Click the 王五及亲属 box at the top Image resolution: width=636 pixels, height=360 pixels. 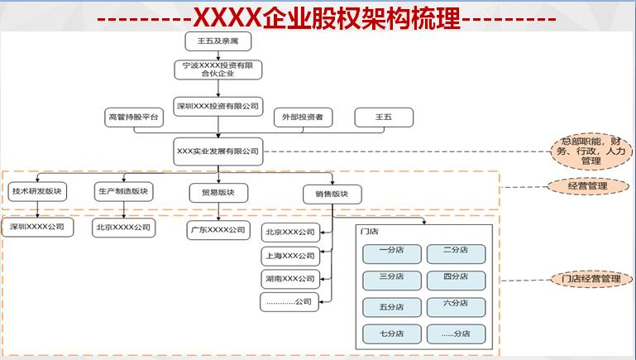click(x=218, y=41)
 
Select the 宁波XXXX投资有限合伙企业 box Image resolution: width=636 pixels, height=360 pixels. click(x=218, y=69)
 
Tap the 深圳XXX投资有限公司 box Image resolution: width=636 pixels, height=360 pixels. click(x=218, y=105)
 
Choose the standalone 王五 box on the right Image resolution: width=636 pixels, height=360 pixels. click(x=384, y=118)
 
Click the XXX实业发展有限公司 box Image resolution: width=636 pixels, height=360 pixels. click(x=218, y=151)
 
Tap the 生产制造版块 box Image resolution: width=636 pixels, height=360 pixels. click(x=122, y=191)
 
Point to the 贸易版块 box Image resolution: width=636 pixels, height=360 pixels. click(x=218, y=194)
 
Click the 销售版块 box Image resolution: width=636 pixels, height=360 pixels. click(x=320, y=194)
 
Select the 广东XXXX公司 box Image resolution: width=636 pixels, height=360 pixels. click(x=218, y=230)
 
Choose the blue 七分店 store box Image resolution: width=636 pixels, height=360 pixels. click(x=391, y=334)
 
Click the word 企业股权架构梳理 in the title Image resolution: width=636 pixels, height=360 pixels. click(x=372, y=17)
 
